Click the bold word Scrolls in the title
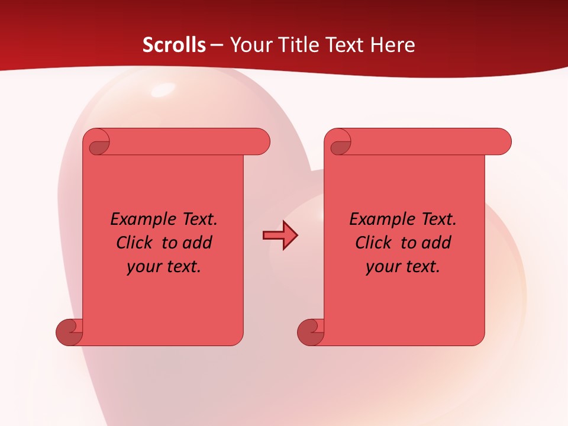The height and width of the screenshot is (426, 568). (x=175, y=44)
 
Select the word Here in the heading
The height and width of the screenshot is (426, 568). (x=392, y=44)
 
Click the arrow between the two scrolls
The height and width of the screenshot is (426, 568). (x=280, y=235)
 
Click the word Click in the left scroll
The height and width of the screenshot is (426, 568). (x=136, y=243)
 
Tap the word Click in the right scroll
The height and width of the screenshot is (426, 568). (x=375, y=243)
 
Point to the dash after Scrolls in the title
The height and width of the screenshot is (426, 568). (x=217, y=44)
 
